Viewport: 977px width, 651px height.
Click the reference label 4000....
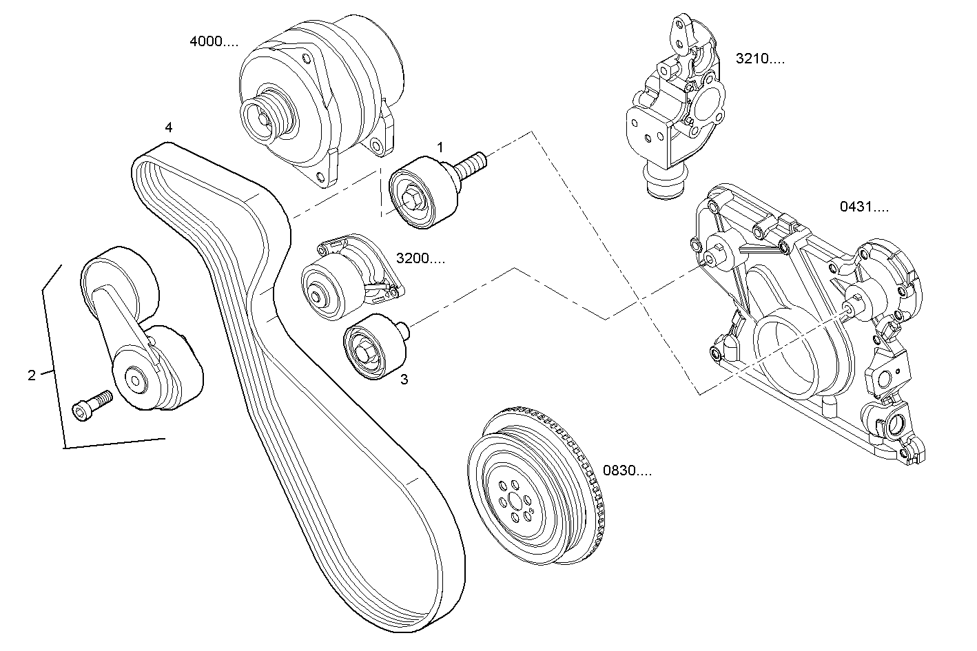(214, 41)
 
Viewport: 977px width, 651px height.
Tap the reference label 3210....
(760, 59)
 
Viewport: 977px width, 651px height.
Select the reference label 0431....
(864, 206)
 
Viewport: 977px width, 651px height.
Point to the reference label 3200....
(420, 259)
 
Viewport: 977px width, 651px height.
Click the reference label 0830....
(627, 471)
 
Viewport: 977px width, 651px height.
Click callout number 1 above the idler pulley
(440, 147)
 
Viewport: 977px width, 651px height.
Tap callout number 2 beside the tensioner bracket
(32, 375)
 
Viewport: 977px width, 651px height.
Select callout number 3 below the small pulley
(404, 379)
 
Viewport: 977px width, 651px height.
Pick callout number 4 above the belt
(168, 127)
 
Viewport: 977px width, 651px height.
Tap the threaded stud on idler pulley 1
(471, 164)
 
